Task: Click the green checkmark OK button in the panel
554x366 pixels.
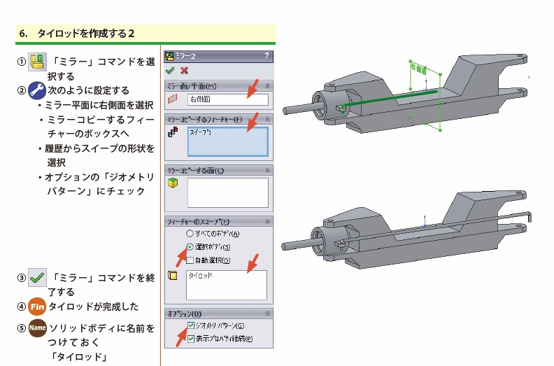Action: point(170,71)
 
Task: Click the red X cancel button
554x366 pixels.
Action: point(184,71)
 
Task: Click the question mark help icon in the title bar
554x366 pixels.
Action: point(267,55)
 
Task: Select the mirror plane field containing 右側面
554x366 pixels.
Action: point(227,99)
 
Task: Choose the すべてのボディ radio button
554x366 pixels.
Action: point(190,233)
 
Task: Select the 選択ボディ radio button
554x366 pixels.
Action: point(190,246)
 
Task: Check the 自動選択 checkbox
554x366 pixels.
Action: point(190,260)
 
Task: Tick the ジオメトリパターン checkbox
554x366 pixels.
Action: point(191,326)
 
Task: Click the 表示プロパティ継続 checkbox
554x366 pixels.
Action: point(191,339)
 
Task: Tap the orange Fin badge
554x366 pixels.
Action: point(37,307)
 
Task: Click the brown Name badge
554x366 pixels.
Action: point(37,327)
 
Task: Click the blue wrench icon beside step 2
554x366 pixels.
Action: point(37,90)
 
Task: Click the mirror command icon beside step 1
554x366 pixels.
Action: point(37,61)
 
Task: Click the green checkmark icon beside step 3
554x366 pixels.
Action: point(37,278)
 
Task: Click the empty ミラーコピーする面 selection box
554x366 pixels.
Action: point(227,192)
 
